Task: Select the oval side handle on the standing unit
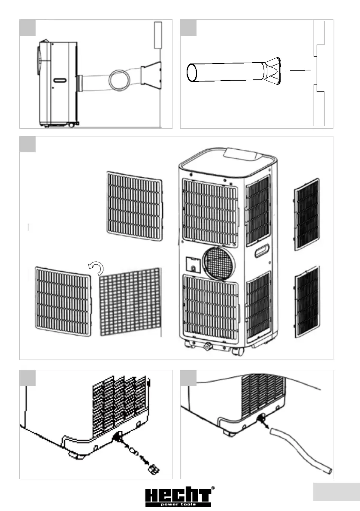262,251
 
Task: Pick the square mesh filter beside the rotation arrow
130,302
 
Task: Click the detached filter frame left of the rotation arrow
63,301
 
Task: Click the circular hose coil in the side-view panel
120,80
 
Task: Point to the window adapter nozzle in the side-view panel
151,77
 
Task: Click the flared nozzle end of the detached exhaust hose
272,72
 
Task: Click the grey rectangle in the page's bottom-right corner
336,492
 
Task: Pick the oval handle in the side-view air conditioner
60,80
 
